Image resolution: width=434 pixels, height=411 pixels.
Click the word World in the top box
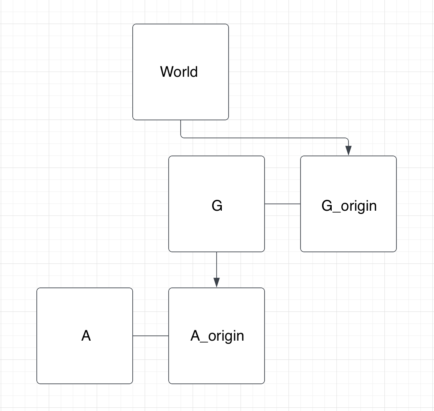179,72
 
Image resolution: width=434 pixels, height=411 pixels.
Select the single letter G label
217,205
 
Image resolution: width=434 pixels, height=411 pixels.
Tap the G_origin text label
349,205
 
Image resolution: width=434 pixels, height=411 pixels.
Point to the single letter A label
86,336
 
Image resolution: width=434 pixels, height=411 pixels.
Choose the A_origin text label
217,336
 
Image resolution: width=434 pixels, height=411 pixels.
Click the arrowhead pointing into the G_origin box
348,150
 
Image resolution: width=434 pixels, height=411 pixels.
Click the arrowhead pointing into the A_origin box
217,282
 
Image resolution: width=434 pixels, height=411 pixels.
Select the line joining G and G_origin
283,204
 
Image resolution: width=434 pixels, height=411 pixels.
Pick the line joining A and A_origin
151,336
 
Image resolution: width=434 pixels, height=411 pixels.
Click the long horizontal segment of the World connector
264,138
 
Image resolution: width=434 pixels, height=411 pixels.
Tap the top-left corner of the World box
133,24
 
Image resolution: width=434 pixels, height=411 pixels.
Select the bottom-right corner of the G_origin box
396,251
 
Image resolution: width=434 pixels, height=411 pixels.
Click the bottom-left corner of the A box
37,383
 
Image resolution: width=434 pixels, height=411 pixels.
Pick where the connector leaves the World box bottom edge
181,120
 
